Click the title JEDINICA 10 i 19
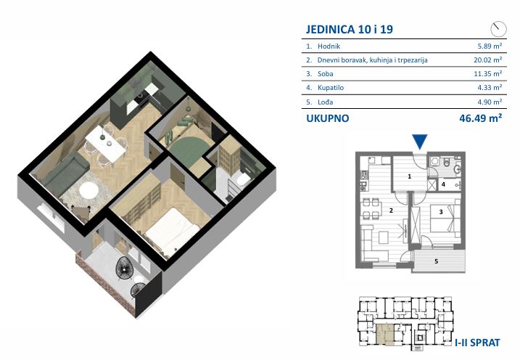(x=350, y=29)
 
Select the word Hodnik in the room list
(x=329, y=46)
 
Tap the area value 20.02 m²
(x=487, y=60)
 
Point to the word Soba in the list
(x=325, y=73)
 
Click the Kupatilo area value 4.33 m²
(x=490, y=88)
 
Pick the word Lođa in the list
(x=325, y=102)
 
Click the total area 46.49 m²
(x=481, y=118)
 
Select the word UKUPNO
(x=328, y=118)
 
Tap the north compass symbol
(x=498, y=29)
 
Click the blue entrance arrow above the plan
(x=419, y=142)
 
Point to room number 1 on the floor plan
(x=409, y=176)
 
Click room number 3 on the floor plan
(x=441, y=212)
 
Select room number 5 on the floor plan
(x=436, y=261)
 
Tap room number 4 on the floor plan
(x=443, y=184)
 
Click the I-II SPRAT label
(x=477, y=343)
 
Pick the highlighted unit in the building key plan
(x=385, y=335)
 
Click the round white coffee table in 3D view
(x=88, y=190)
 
